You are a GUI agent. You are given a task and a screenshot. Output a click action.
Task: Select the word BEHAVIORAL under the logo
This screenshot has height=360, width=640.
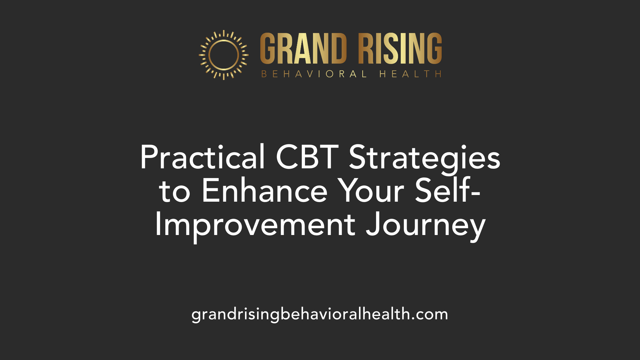click(x=314, y=74)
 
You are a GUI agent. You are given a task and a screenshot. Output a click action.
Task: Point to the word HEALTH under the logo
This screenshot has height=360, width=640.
click(x=410, y=74)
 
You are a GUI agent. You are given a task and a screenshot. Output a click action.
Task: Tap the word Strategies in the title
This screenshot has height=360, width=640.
click(x=424, y=159)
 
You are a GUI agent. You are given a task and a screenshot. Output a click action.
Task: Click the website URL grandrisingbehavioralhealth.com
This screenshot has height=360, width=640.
click(x=320, y=314)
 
